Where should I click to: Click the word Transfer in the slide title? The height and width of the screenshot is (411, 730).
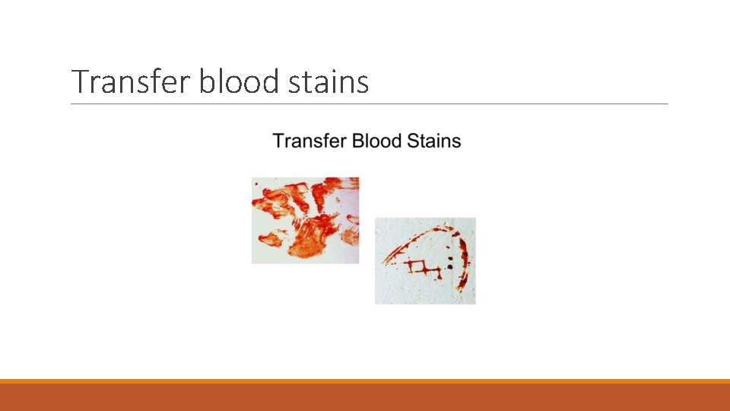point(132,81)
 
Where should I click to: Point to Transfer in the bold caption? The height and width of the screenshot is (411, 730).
point(305,141)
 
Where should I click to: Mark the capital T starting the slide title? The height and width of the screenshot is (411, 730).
point(80,81)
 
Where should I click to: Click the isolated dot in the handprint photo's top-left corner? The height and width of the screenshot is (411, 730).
point(255,183)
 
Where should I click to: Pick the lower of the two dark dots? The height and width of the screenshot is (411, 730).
point(451,268)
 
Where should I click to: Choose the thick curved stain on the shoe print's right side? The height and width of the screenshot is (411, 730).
point(462,263)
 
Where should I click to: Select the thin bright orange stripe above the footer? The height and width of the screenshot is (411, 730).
point(365,381)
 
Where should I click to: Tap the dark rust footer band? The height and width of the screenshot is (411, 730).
point(365,397)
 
